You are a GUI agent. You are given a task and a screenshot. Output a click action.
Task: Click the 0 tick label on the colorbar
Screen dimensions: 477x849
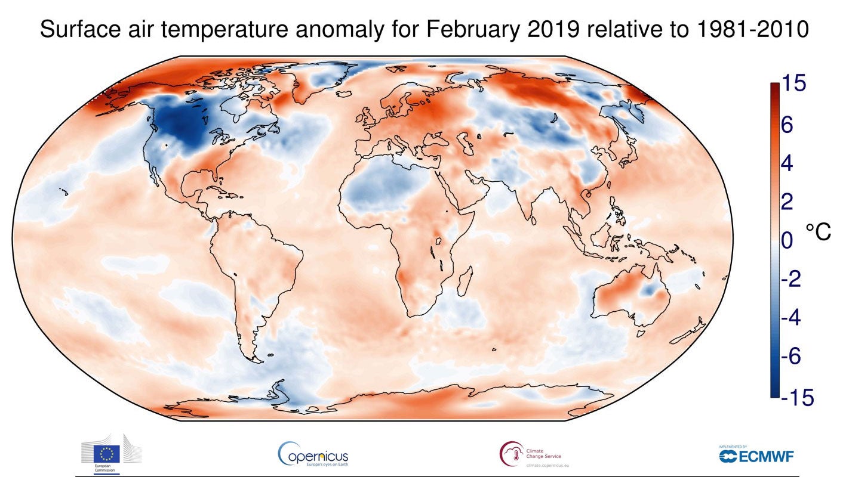(787, 241)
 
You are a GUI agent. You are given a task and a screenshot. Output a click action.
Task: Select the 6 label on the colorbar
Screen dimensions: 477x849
(787, 125)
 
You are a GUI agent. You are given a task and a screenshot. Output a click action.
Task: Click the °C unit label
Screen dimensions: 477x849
(818, 233)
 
